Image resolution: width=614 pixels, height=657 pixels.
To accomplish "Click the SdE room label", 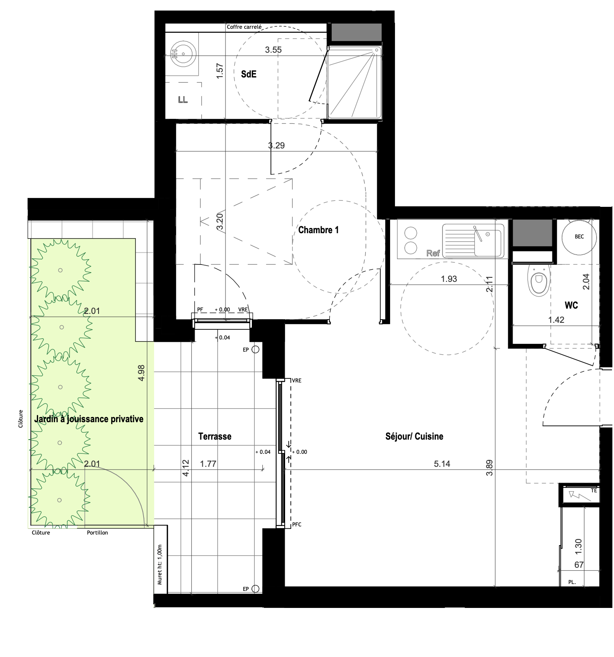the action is pyautogui.click(x=249, y=74).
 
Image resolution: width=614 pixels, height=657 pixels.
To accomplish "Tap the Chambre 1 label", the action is pyautogui.click(x=318, y=230).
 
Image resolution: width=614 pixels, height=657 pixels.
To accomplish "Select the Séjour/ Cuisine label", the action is pyautogui.click(x=414, y=436).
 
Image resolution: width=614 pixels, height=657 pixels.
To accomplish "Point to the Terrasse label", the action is pyautogui.click(x=215, y=436).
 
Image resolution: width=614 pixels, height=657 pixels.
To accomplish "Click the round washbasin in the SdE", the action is pyautogui.click(x=184, y=54).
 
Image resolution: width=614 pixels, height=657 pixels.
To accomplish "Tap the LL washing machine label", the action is pyautogui.click(x=183, y=100).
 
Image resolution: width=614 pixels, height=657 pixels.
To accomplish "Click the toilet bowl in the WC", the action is pyautogui.click(x=539, y=280).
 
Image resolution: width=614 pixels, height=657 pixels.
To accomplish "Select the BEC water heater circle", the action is pyautogui.click(x=579, y=237).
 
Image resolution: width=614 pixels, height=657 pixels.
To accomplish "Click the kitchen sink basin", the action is pyautogui.click(x=488, y=242).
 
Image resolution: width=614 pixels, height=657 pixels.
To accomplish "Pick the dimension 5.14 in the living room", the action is pyautogui.click(x=442, y=464).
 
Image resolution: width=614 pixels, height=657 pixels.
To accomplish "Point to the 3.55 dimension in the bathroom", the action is pyautogui.click(x=273, y=50).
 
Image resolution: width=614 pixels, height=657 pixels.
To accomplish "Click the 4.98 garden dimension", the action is pyautogui.click(x=141, y=373).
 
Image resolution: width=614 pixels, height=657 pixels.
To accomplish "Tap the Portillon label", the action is pyautogui.click(x=97, y=532).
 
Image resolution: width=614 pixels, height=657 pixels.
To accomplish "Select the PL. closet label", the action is pyautogui.click(x=572, y=582).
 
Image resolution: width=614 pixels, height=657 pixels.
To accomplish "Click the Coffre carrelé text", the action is pyautogui.click(x=244, y=27).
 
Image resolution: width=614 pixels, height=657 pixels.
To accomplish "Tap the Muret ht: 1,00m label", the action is pyautogui.click(x=160, y=564).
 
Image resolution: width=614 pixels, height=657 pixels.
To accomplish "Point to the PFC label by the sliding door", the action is pyautogui.click(x=297, y=524).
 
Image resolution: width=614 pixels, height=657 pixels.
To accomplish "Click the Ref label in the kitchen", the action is pyautogui.click(x=433, y=253).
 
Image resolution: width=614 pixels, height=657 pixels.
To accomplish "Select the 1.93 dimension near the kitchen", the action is pyautogui.click(x=449, y=279).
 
